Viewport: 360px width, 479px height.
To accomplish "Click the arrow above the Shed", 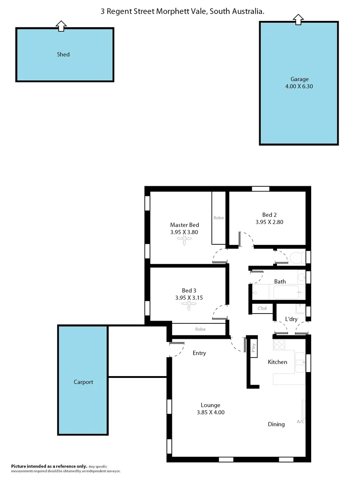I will click(62, 26).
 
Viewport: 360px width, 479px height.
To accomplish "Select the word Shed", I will click(63, 55).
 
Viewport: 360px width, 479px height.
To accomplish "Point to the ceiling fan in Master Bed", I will click(184, 239).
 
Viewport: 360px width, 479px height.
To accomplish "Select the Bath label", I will click(280, 282).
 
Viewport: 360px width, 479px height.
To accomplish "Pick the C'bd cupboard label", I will click(261, 308).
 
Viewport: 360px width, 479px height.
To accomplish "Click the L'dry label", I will click(291, 319).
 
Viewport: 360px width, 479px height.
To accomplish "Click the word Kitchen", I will click(277, 362).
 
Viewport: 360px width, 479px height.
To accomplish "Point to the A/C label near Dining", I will click(300, 421).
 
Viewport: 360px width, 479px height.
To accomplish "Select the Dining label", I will click(276, 424).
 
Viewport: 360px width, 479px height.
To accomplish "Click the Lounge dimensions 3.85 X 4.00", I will click(210, 412).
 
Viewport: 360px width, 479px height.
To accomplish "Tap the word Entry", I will click(199, 353).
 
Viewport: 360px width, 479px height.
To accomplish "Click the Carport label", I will click(83, 382).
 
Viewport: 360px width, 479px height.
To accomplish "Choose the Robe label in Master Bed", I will click(218, 218).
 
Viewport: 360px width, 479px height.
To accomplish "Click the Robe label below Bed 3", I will click(200, 330).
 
